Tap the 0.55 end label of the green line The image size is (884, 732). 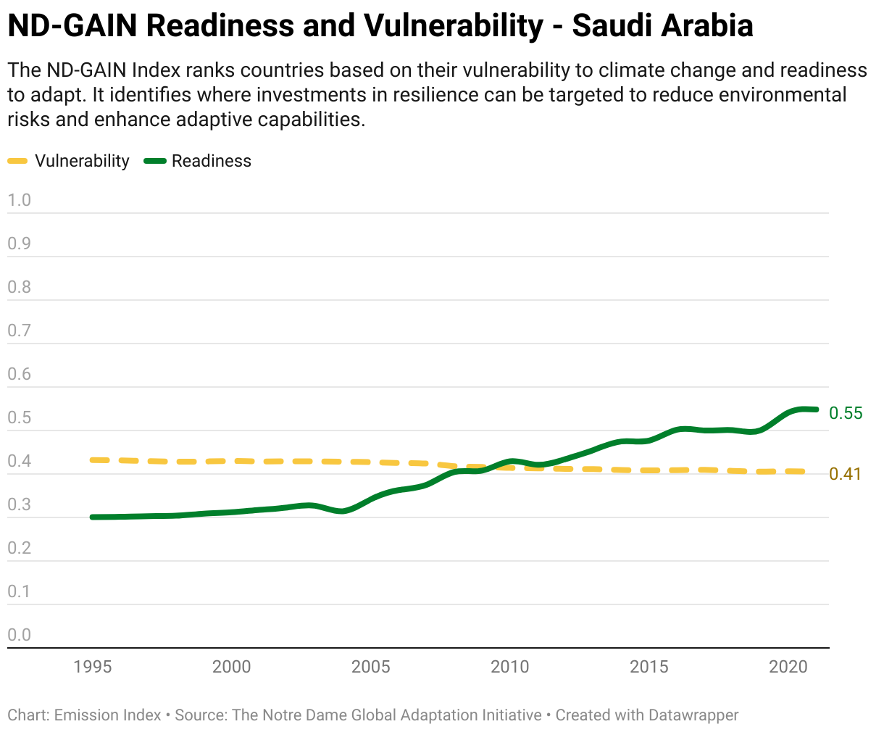click(846, 413)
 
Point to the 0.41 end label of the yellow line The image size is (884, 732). click(845, 474)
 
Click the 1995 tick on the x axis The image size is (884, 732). click(93, 667)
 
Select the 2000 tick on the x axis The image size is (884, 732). click(231, 667)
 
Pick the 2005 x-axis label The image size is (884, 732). click(370, 667)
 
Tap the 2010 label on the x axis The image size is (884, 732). click(510, 667)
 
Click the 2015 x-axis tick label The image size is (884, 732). click(649, 667)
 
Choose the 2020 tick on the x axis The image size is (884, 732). click(788, 667)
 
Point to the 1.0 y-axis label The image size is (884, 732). click(20, 200)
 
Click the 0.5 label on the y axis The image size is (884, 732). click(20, 418)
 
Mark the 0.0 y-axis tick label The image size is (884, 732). click(20, 635)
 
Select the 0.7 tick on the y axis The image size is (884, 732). click(20, 331)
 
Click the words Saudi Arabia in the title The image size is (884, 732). click(662, 26)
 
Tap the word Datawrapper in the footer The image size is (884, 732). click(693, 715)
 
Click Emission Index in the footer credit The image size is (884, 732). click(108, 715)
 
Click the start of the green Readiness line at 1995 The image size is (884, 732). click(93, 517)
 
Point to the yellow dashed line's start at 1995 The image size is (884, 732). click(93, 460)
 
